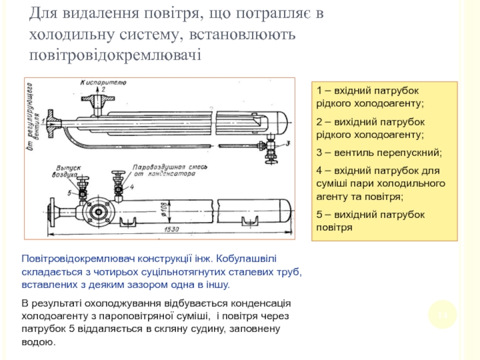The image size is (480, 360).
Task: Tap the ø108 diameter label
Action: point(164,211)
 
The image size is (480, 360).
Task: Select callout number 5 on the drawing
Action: point(70,193)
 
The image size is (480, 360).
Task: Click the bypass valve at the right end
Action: point(273,147)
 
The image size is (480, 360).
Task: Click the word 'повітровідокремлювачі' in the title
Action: point(116,55)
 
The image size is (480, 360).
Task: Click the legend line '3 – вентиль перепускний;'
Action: point(379,151)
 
